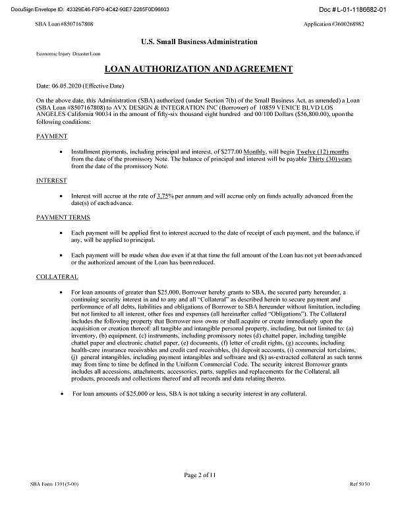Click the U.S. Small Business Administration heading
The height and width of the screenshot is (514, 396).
click(x=198, y=42)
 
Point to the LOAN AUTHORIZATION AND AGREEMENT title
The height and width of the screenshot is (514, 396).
click(x=198, y=69)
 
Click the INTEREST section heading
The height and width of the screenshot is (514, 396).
click(x=51, y=179)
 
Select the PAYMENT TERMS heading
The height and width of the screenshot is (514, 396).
click(x=63, y=217)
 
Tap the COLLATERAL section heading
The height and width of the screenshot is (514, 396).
click(x=57, y=277)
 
